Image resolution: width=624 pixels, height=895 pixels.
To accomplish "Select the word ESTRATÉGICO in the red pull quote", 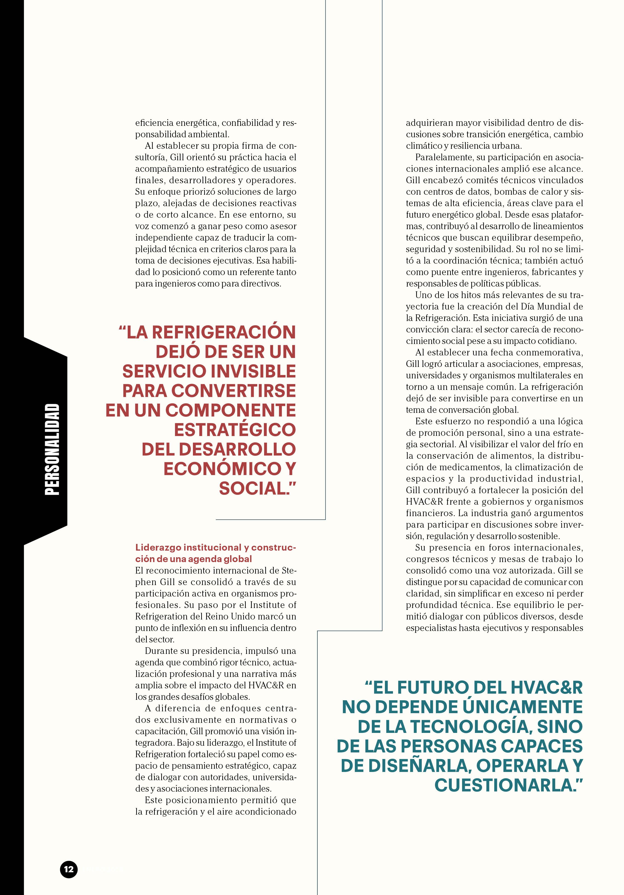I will [235, 430].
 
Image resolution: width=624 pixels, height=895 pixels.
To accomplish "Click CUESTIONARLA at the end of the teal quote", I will [504, 785].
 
